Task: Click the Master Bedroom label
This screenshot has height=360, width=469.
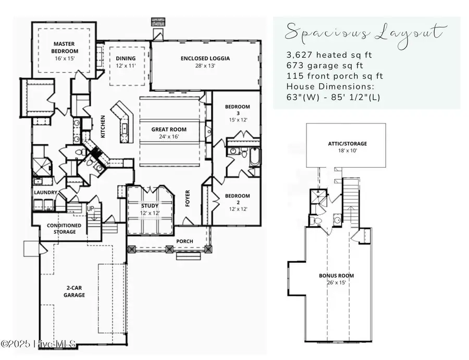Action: pyautogui.click(x=65, y=48)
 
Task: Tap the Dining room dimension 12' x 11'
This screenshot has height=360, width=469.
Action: pyautogui.click(x=126, y=66)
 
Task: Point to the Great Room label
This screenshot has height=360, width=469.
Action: pyautogui.click(x=169, y=130)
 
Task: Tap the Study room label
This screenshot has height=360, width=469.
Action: pyautogui.click(x=150, y=205)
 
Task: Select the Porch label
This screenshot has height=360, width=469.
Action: pyautogui.click(x=184, y=241)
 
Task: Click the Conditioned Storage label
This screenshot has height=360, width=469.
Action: pyautogui.click(x=64, y=228)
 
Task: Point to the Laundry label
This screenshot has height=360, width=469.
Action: pyautogui.click(x=45, y=192)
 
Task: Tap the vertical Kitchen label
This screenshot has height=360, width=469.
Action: pyautogui.click(x=103, y=126)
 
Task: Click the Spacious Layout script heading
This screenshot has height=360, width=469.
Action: pyautogui.click(x=365, y=33)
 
